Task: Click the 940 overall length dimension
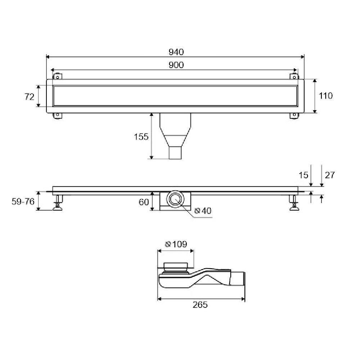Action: point(176,52)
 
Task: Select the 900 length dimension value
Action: point(176,65)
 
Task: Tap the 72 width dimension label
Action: point(30,96)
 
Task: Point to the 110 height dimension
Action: point(325,95)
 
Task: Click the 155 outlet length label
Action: point(141,136)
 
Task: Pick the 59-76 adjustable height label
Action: point(23,202)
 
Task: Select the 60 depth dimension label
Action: point(144,202)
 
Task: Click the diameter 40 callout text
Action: point(203,211)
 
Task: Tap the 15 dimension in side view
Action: point(303,175)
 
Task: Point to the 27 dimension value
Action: point(330,175)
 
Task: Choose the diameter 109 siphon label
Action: point(176,244)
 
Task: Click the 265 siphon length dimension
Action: point(200,305)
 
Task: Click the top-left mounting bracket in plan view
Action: point(58,76)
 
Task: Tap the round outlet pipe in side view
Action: point(175,199)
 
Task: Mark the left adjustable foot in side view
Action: point(58,203)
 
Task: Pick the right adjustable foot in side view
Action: point(294,203)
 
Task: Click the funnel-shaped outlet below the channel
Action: point(175,136)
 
